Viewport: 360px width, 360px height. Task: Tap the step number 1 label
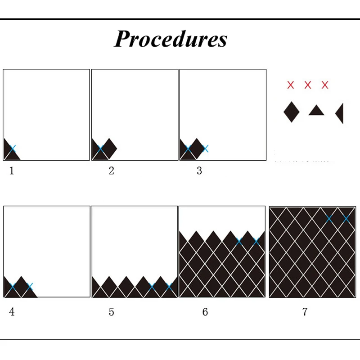click(x=12, y=171)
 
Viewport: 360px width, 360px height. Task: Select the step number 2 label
click(x=111, y=171)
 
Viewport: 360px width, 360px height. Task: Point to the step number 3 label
click(x=199, y=171)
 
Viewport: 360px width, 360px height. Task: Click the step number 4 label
click(x=12, y=312)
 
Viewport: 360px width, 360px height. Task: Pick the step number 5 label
click(x=111, y=312)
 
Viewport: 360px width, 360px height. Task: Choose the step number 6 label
click(x=205, y=312)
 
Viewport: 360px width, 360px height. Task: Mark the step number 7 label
click(x=305, y=312)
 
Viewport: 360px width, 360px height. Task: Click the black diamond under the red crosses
click(x=291, y=112)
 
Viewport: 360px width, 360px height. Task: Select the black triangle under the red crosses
click(x=316, y=111)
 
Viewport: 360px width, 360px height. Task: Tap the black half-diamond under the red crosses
click(x=340, y=113)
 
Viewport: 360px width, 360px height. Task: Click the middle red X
click(x=308, y=85)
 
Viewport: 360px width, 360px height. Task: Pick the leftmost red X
click(x=291, y=85)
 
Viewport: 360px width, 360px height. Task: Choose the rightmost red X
click(x=325, y=85)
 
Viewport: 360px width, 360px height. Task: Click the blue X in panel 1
click(x=12, y=148)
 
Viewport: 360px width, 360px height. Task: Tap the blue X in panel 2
click(x=100, y=148)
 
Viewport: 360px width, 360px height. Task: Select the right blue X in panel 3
click(x=205, y=148)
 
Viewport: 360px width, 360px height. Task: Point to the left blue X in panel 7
click(x=329, y=219)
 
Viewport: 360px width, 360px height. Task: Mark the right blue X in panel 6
click(x=256, y=241)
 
